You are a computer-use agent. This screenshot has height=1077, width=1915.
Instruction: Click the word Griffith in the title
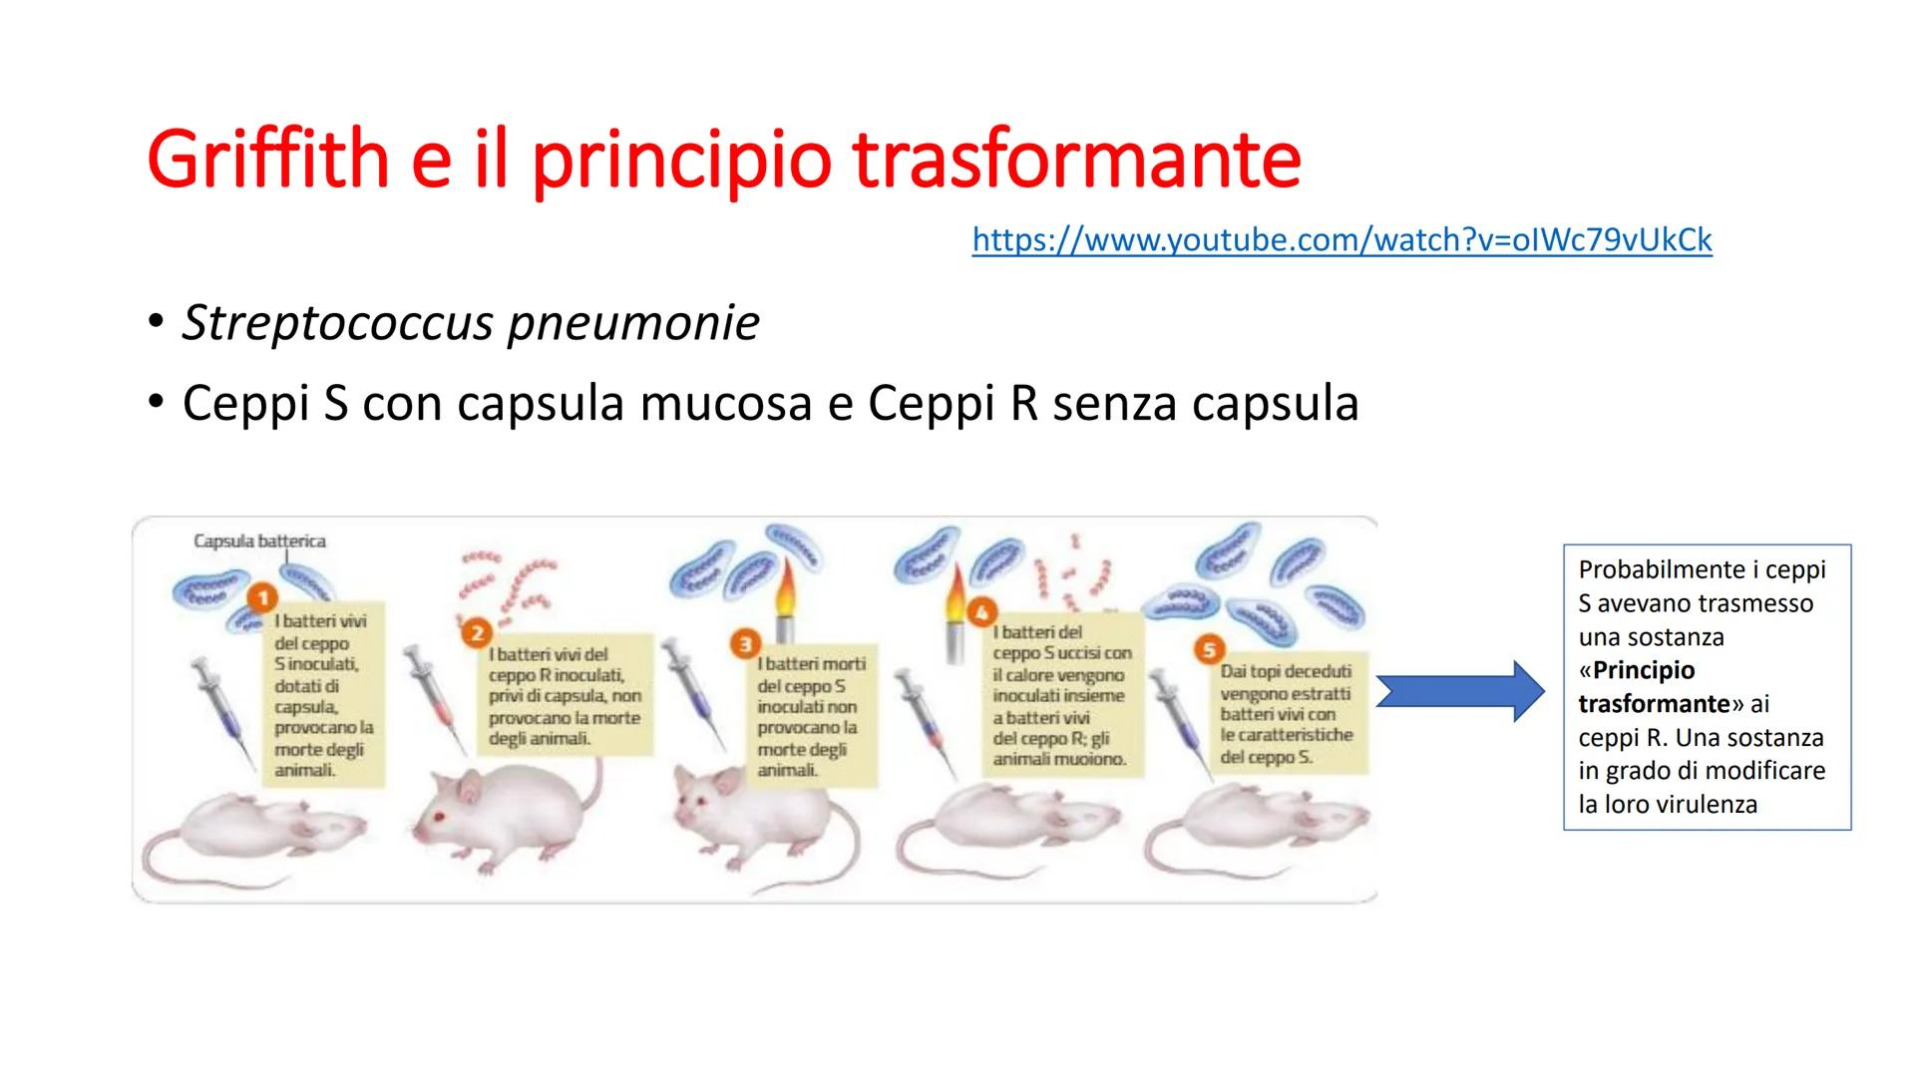[x=268, y=160]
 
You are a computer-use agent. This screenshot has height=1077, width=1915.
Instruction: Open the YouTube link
[x=1341, y=239]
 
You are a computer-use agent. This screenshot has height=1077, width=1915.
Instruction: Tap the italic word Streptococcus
[x=336, y=323]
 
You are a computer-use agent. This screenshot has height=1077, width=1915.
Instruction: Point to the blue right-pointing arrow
[x=1460, y=690]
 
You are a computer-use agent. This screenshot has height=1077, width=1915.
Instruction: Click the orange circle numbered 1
[x=262, y=598]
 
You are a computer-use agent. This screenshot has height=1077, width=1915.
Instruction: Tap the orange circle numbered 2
[x=477, y=633]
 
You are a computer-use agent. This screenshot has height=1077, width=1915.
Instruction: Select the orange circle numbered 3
[x=744, y=644]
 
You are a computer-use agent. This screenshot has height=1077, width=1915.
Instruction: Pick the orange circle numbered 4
[x=982, y=611]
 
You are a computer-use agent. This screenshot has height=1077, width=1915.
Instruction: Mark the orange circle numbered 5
[x=1208, y=650]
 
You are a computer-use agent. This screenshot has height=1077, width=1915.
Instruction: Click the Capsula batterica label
[x=259, y=541]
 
